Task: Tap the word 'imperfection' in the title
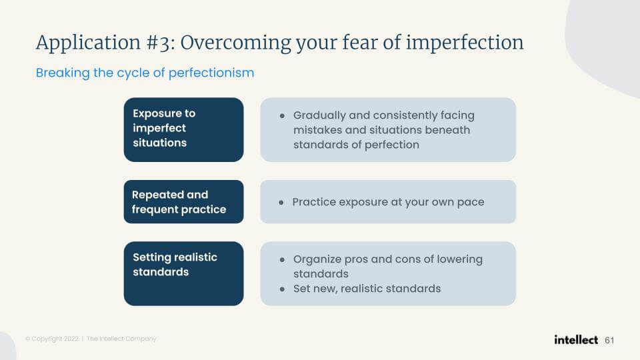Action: click(x=465, y=43)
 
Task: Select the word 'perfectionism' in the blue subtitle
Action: click(x=211, y=73)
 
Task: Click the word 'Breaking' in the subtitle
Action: click(x=63, y=73)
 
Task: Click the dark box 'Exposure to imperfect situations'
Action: click(x=184, y=129)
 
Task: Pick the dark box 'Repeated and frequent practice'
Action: click(x=184, y=201)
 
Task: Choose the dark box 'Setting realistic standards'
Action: click(x=184, y=273)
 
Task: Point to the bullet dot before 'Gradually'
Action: click(x=282, y=116)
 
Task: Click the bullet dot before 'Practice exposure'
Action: click(x=281, y=203)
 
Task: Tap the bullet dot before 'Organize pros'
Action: click(x=282, y=259)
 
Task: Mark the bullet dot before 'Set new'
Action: click(x=282, y=289)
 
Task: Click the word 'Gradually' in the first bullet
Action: click(x=319, y=116)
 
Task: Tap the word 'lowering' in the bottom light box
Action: click(x=459, y=259)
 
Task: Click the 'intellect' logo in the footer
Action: click(x=576, y=339)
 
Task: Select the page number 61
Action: click(x=609, y=341)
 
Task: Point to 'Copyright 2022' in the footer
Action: click(x=55, y=339)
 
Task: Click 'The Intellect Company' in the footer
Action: click(x=121, y=339)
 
